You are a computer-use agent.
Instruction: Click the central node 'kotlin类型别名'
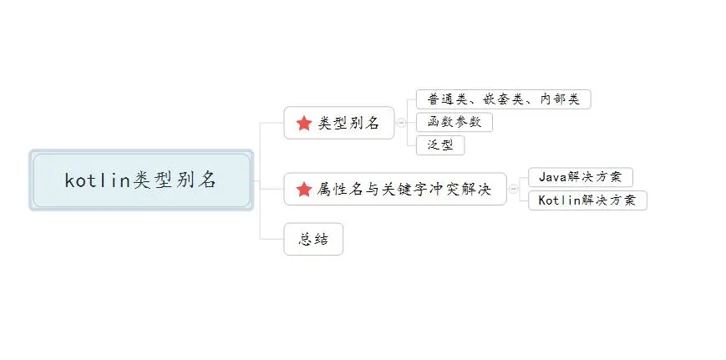pyautogui.click(x=141, y=180)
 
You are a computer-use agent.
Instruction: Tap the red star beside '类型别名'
pyautogui.click(x=304, y=124)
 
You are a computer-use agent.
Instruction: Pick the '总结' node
pyautogui.click(x=313, y=240)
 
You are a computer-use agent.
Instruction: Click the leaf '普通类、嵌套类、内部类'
pyautogui.click(x=503, y=99)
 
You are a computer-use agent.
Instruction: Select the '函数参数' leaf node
pyautogui.click(x=454, y=122)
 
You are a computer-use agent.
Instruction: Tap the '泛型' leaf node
pyautogui.click(x=439, y=145)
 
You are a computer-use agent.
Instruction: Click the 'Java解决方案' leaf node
pyautogui.click(x=580, y=177)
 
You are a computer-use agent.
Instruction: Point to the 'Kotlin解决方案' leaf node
pyautogui.click(x=587, y=200)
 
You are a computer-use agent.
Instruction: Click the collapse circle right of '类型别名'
pyautogui.click(x=403, y=123)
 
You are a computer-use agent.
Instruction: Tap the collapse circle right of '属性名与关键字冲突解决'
pyautogui.click(x=514, y=190)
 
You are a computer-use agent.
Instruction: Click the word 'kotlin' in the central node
pyautogui.click(x=92, y=180)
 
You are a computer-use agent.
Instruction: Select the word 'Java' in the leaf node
pyautogui.click(x=552, y=177)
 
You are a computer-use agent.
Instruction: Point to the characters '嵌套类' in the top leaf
pyautogui.click(x=502, y=99)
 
